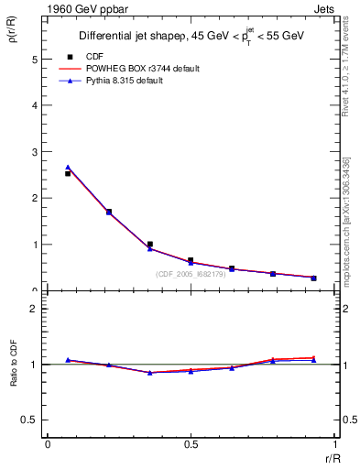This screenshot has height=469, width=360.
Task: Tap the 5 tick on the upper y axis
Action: click(34, 59)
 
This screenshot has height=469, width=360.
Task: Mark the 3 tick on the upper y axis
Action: click(34, 152)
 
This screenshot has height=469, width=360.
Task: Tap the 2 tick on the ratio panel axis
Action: click(34, 309)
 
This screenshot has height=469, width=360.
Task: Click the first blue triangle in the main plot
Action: click(68, 168)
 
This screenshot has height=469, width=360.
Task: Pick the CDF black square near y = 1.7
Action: click(108, 212)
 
